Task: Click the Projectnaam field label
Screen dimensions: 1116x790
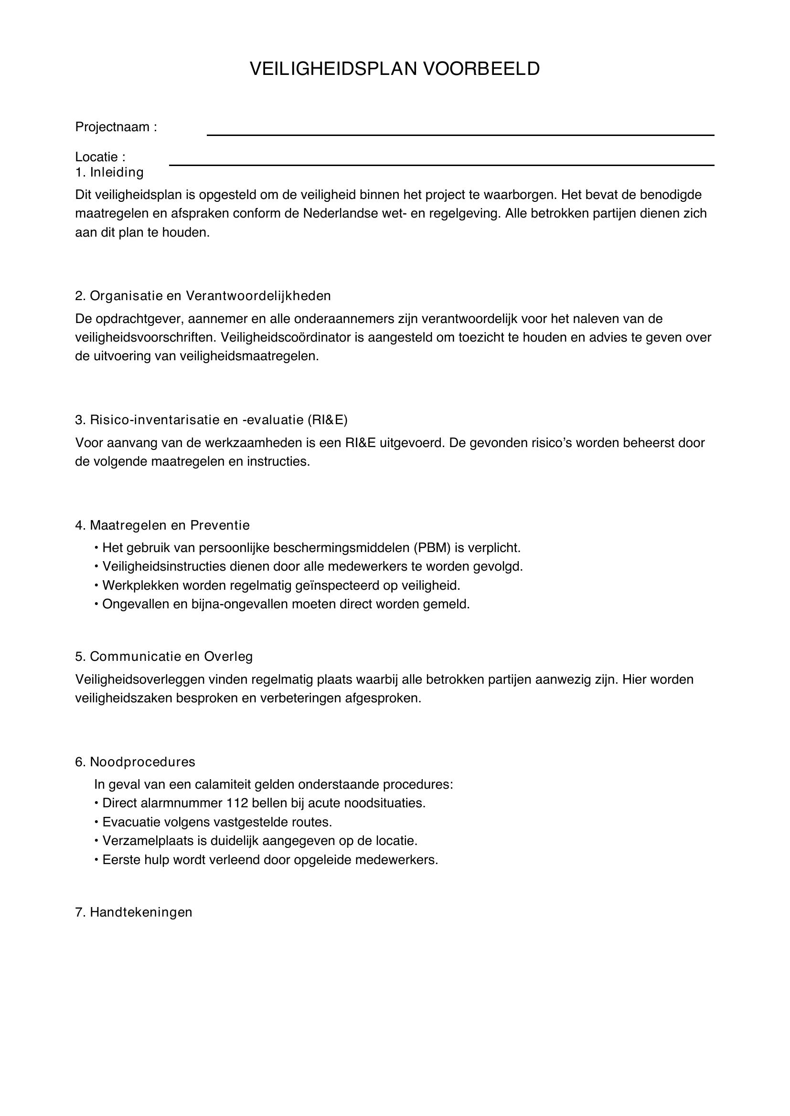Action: tap(116, 127)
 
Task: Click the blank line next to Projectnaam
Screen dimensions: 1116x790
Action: tap(460, 135)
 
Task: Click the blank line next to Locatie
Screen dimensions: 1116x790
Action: tap(441, 165)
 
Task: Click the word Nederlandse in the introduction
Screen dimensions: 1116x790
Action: tap(340, 213)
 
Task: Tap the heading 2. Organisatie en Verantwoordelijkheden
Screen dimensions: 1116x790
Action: tap(203, 295)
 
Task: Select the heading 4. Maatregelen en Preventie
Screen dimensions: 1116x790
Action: tap(162, 525)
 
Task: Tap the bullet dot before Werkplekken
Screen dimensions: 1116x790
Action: tap(97, 585)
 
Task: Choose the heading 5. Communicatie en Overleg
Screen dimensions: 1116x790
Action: tap(164, 656)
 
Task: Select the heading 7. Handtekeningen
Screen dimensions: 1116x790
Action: tap(134, 912)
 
